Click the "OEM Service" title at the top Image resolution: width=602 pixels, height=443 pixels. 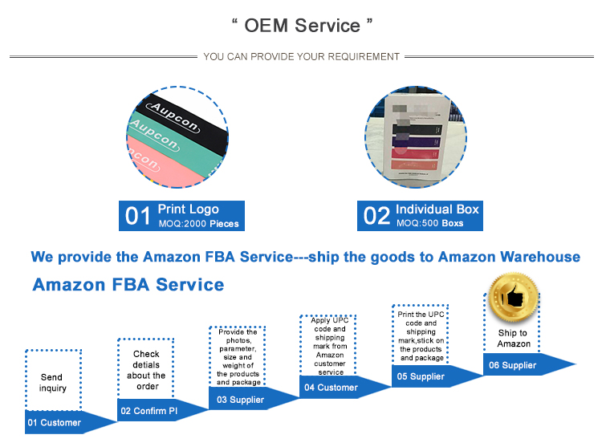(x=302, y=26)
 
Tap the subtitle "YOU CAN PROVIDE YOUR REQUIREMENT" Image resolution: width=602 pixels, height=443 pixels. (x=301, y=57)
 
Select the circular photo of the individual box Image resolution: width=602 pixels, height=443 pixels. (x=415, y=139)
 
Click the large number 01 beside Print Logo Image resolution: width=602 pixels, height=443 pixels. (x=137, y=216)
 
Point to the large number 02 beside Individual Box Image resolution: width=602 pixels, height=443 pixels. (x=376, y=216)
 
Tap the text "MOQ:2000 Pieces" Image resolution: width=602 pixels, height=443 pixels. (x=198, y=223)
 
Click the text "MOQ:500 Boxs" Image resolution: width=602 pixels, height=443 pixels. (x=429, y=223)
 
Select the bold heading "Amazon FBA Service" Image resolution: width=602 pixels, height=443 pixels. (x=128, y=285)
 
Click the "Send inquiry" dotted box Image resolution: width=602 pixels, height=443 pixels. (x=53, y=383)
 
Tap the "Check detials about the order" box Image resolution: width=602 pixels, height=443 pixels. (x=147, y=370)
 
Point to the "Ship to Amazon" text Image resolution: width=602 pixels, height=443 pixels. (x=513, y=338)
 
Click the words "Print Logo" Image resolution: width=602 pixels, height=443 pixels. (x=188, y=209)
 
